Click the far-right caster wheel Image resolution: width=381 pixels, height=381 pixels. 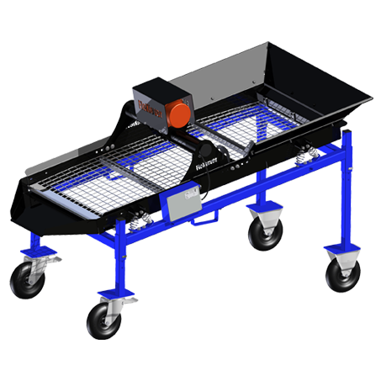pos(342,273)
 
